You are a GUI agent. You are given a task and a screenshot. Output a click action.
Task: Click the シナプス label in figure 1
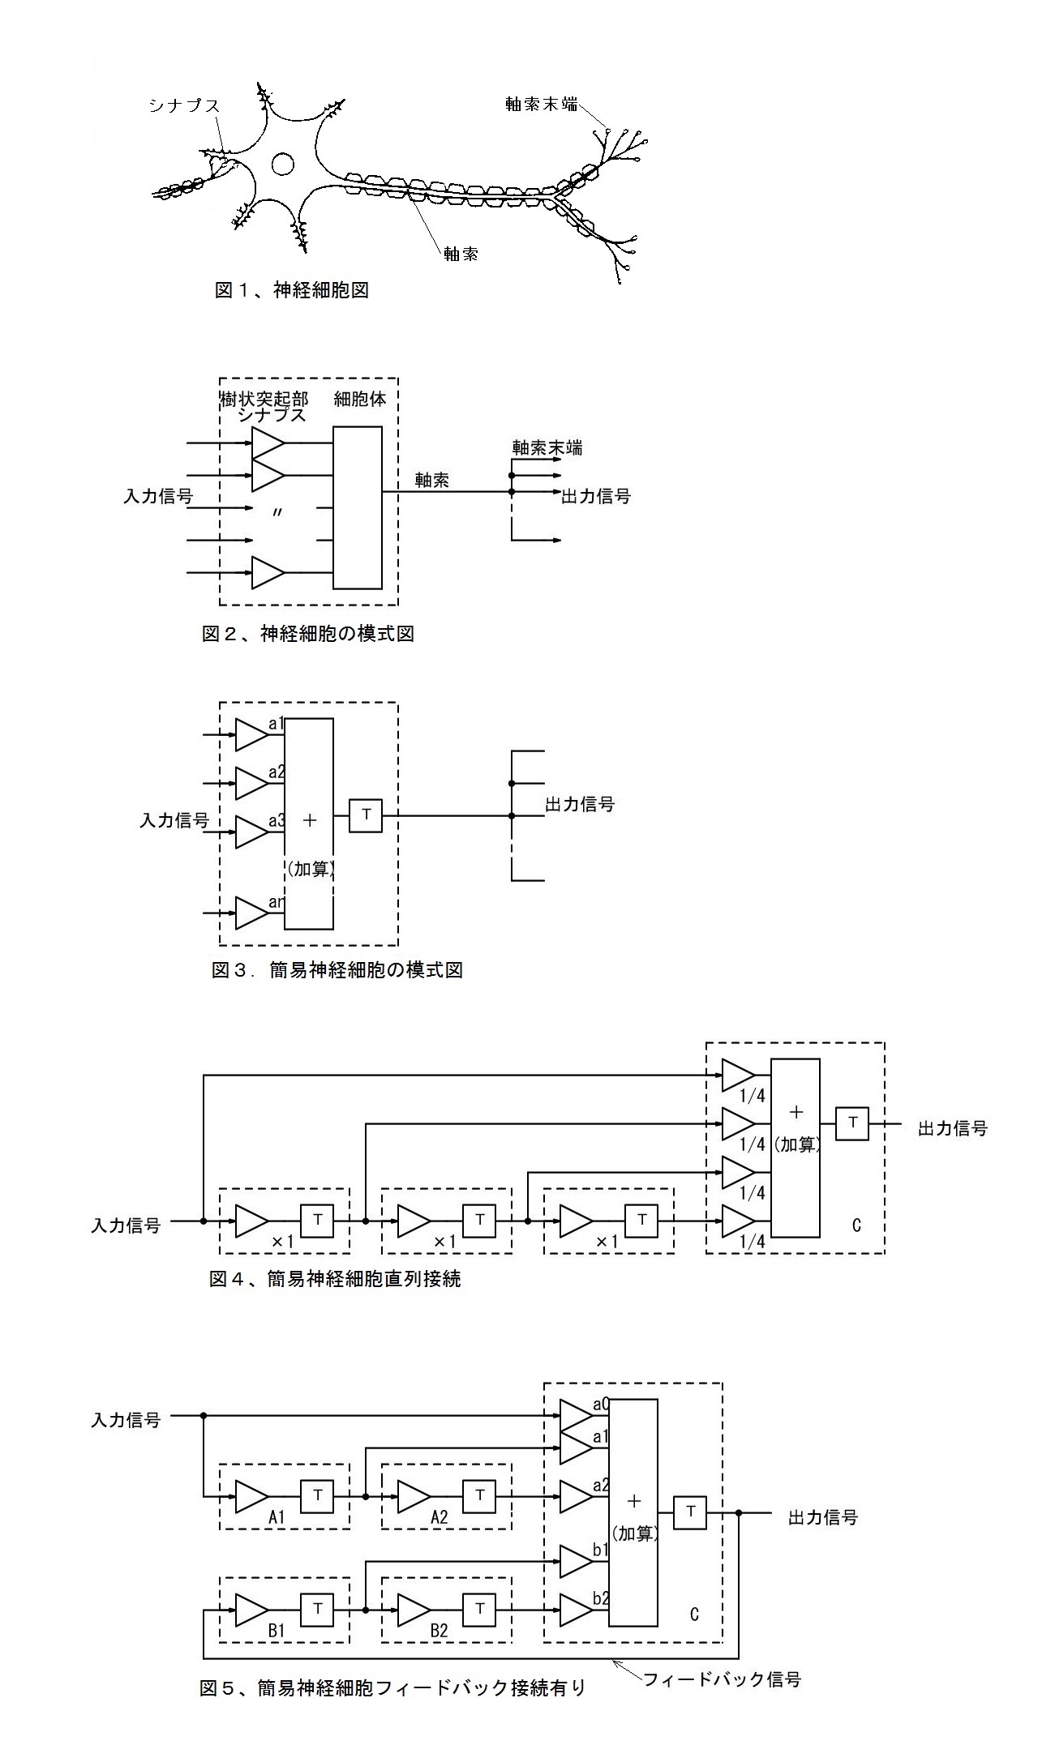[x=184, y=105]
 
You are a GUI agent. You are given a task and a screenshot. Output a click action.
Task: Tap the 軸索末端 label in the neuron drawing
[x=541, y=104]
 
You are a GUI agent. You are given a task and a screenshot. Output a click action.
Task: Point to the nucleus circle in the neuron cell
[x=283, y=165]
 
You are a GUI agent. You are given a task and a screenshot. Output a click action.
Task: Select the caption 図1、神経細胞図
[x=292, y=290]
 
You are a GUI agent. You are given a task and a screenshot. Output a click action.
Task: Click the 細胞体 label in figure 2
[x=360, y=399]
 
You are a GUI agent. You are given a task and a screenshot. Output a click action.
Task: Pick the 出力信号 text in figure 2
[x=596, y=496]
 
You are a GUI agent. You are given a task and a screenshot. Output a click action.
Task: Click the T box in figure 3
[x=366, y=815]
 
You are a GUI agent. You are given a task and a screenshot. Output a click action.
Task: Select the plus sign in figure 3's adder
[x=309, y=819]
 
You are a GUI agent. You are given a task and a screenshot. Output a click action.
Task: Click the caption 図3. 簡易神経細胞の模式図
[x=337, y=969]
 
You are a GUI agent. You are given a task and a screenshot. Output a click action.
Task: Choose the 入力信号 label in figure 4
[x=126, y=1225]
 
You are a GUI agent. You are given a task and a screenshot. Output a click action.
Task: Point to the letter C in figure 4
[x=856, y=1225]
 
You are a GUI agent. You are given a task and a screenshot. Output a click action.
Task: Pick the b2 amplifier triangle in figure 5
[x=576, y=1610]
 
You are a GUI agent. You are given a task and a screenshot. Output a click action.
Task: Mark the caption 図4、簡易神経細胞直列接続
[x=335, y=1279]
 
